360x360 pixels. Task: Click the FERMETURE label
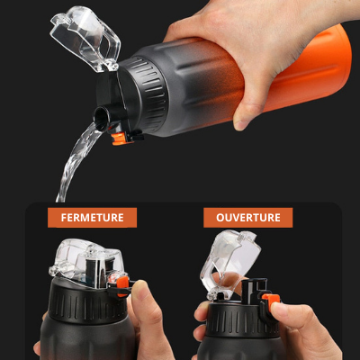(92, 218)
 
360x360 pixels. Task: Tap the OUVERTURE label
(242, 218)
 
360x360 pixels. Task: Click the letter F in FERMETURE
(63, 218)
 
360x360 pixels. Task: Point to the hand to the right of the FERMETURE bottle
(148, 319)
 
